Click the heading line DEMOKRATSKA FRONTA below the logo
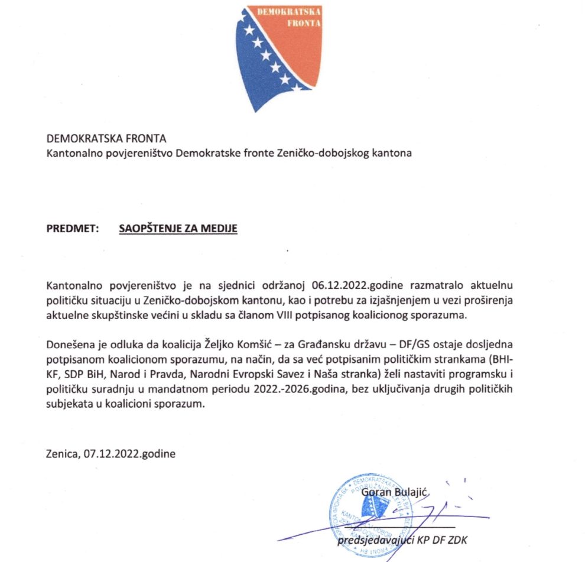coord(106,139)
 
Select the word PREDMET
coord(72,228)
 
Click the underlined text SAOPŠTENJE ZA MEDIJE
coord(178,228)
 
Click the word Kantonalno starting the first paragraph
coord(72,287)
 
